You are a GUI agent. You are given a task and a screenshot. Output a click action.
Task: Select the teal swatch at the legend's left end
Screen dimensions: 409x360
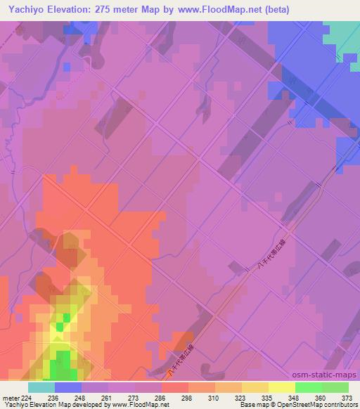41,387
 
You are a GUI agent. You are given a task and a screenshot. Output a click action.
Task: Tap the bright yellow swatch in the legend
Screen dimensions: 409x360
282,387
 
